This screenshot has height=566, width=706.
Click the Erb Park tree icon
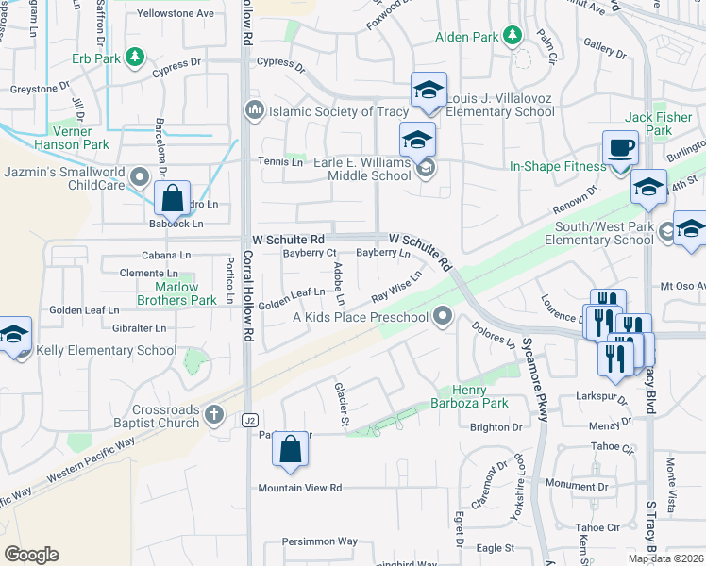136,58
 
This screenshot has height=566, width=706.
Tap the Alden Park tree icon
513,37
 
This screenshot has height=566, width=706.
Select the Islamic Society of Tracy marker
253,111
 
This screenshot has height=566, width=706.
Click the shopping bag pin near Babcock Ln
172,199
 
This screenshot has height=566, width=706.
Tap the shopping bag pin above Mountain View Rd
291,450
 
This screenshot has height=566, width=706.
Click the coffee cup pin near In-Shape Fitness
620,148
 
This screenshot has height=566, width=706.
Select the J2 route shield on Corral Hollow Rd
249,420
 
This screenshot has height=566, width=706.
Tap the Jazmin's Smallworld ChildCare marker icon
140,176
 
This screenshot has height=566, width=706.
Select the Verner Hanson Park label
71,138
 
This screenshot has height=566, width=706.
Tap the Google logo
31,555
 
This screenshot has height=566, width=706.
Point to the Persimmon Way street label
320,541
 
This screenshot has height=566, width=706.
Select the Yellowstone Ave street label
176,14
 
